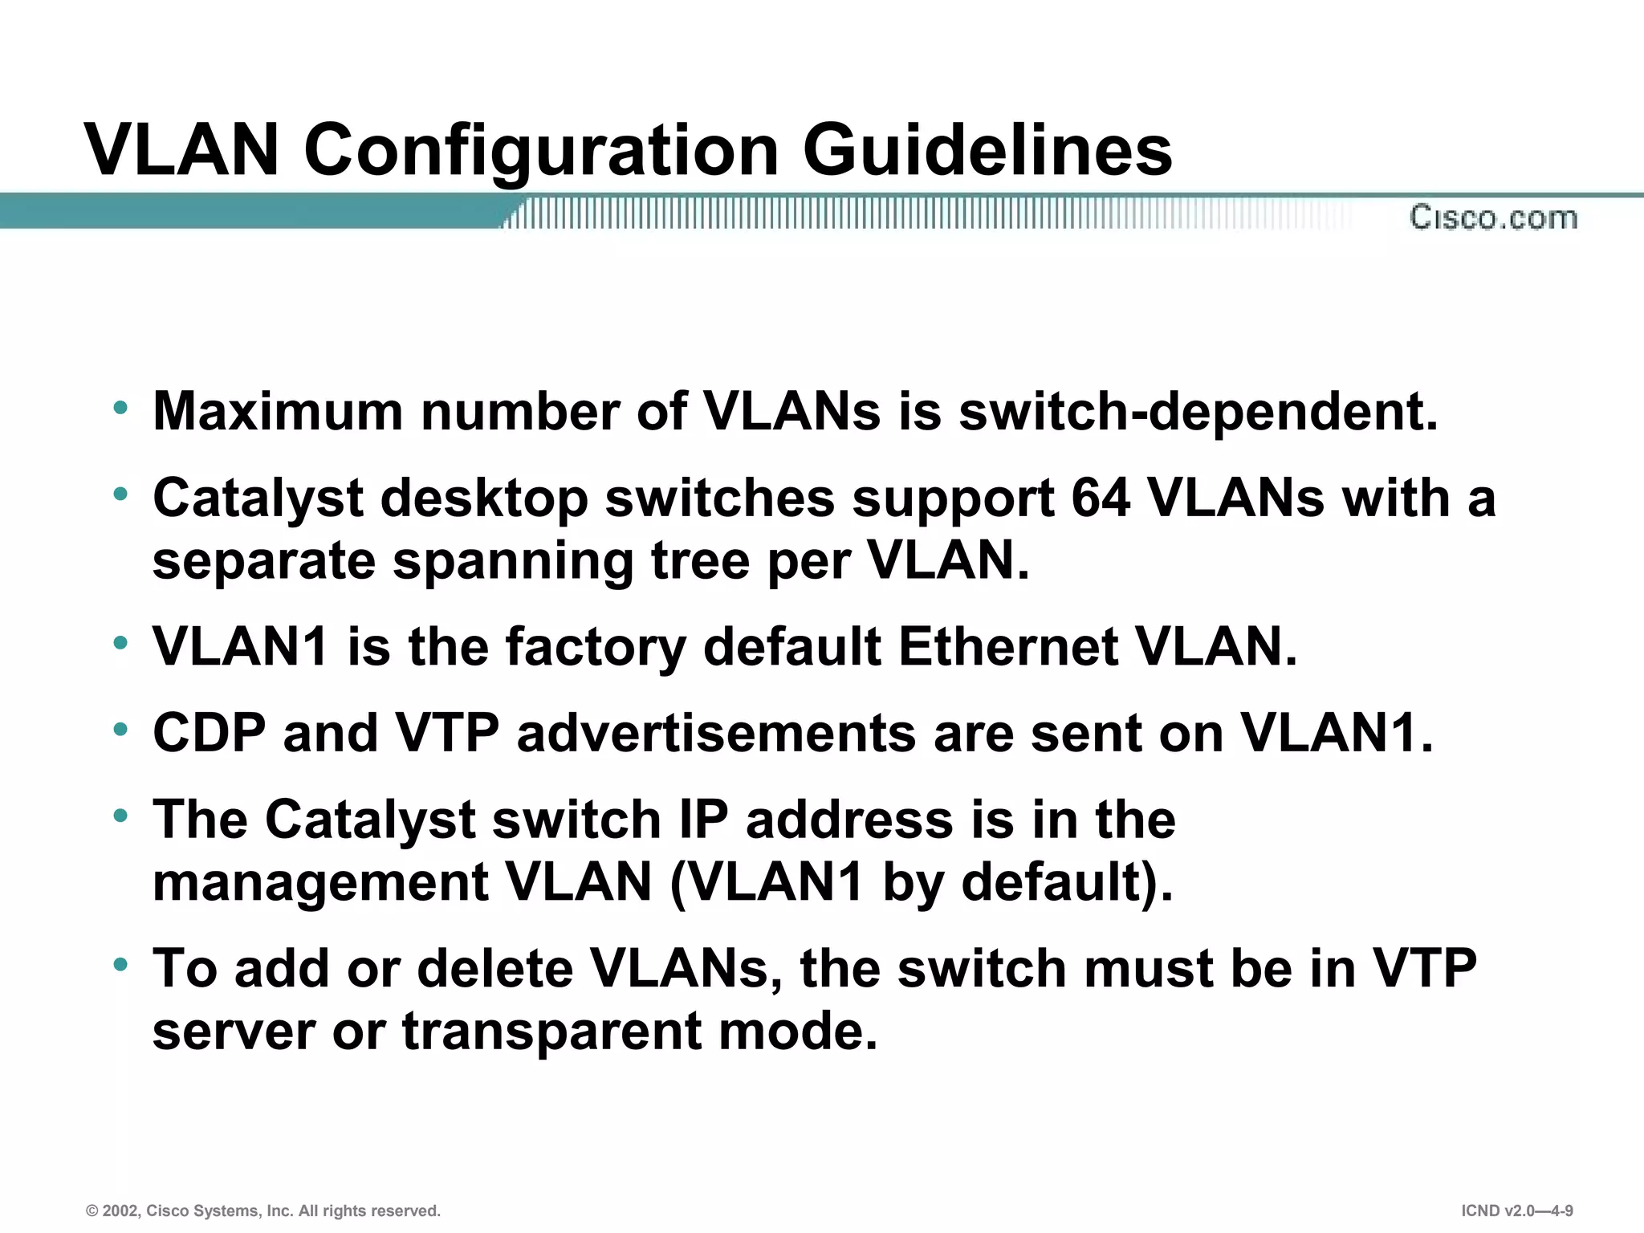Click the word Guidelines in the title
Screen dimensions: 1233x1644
[x=987, y=150]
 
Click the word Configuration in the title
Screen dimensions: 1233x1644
[x=541, y=150]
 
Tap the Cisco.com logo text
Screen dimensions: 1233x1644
[x=1493, y=218]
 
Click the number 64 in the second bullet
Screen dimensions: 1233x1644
[x=1101, y=498]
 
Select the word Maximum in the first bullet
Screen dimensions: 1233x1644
[x=278, y=411]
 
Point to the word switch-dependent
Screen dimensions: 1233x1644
[x=1198, y=411]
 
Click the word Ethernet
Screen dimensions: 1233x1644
[x=1008, y=646]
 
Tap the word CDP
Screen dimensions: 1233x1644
[x=209, y=733]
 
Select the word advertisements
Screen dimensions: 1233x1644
[x=716, y=733]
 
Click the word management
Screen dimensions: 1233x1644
[x=320, y=882]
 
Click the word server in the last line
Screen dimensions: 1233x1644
[x=234, y=1031]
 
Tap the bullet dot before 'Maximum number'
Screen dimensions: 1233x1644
[x=121, y=408]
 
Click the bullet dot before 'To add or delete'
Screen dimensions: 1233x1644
[x=121, y=965]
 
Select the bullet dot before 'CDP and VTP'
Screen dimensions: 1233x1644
[x=121, y=730]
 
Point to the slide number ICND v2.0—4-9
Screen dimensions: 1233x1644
[x=1516, y=1211]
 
